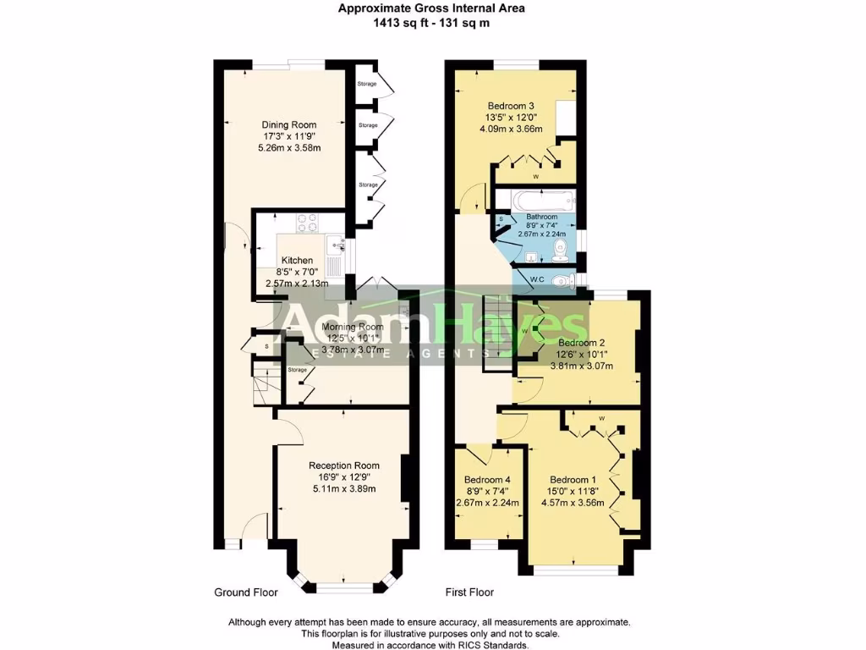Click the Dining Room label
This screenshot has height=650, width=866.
tap(288, 125)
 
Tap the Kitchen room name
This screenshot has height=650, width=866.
tap(297, 261)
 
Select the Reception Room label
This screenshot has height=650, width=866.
tap(343, 465)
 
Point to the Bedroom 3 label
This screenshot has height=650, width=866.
tap(513, 106)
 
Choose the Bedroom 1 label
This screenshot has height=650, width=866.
tap(573, 478)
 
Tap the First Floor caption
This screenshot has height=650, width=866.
tap(469, 592)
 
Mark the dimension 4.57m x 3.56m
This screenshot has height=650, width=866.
tap(573, 502)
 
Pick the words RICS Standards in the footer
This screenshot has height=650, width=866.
tap(494, 645)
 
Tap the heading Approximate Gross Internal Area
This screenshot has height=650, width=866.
tap(432, 8)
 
